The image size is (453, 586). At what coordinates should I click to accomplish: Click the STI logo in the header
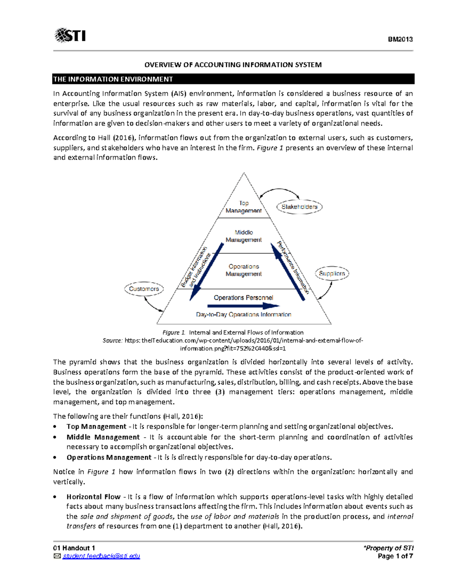click(x=70, y=35)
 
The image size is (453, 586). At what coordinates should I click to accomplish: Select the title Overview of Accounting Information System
click(x=233, y=65)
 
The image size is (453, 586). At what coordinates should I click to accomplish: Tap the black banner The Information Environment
click(x=233, y=79)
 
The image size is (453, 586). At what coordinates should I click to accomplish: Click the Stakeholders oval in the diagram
click(x=299, y=207)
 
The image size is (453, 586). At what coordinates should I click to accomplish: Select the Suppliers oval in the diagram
click(x=332, y=273)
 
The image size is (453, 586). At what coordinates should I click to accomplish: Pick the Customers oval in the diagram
click(x=144, y=289)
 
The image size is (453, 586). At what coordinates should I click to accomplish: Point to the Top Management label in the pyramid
click(x=243, y=207)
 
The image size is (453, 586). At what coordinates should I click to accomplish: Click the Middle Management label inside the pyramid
click(x=243, y=236)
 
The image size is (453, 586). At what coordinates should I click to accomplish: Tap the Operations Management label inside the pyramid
click(x=243, y=270)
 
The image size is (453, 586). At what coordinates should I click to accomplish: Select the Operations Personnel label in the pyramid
click(x=243, y=297)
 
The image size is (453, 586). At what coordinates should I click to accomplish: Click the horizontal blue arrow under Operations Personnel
click(x=243, y=306)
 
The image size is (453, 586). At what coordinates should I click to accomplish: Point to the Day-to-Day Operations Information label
click(x=243, y=314)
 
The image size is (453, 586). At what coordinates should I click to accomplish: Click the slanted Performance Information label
click(x=293, y=267)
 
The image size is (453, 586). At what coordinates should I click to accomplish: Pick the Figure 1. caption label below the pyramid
click(x=174, y=332)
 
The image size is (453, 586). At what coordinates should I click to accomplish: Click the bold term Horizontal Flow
click(x=93, y=497)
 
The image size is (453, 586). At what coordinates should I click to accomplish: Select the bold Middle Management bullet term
click(x=103, y=437)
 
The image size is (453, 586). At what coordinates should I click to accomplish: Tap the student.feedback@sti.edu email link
click(x=101, y=556)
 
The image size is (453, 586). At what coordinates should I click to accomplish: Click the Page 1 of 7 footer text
click(x=395, y=556)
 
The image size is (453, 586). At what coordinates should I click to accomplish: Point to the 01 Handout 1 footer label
click(x=74, y=548)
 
